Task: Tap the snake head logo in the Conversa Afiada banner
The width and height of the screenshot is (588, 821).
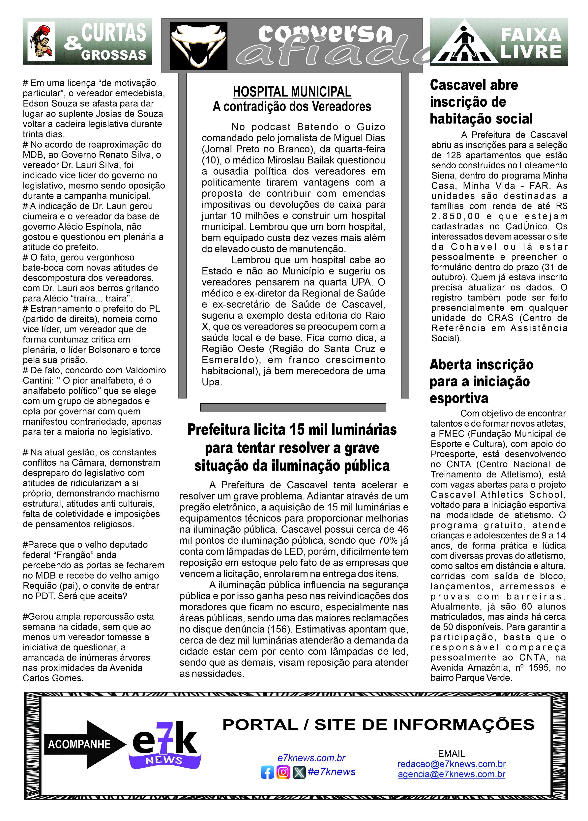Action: click(x=198, y=45)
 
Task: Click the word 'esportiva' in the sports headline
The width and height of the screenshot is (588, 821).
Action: click(x=459, y=398)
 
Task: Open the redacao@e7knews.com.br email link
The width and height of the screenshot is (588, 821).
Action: click(x=452, y=764)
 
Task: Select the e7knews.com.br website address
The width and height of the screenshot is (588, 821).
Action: click(x=311, y=758)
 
